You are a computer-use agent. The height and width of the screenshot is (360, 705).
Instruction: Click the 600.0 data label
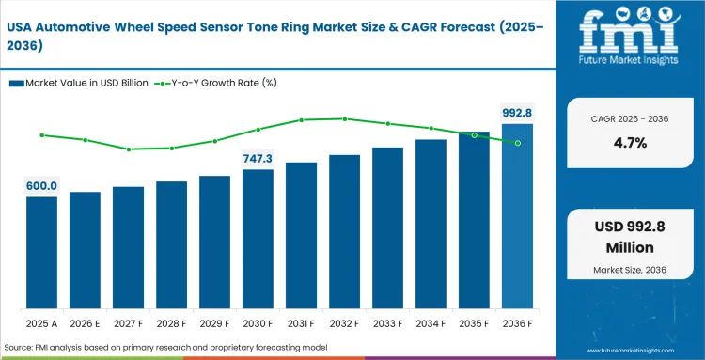tap(41, 186)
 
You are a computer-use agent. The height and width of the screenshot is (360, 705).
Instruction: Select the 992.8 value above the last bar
tap(517, 113)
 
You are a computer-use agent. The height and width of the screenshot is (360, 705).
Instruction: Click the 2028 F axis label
tap(171, 325)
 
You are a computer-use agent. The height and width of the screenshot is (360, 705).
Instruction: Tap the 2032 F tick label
tap(344, 325)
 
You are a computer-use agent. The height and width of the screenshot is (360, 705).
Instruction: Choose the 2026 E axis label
tap(85, 325)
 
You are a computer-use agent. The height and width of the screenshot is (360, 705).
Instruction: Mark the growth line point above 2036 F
tap(517, 143)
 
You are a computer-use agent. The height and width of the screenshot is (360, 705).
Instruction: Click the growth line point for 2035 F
tap(474, 135)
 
